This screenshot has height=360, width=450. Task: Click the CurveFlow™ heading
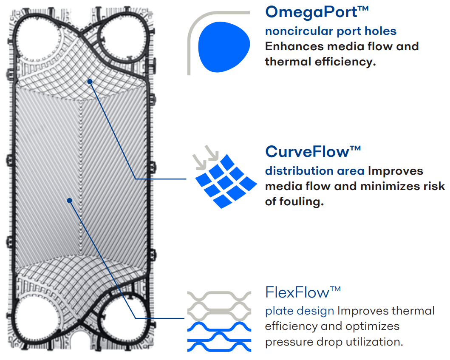(x=313, y=151)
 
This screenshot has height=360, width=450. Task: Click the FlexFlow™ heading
(x=303, y=292)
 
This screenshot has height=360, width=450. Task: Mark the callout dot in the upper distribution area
(x=90, y=80)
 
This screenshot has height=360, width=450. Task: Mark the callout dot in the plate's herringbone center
(x=69, y=200)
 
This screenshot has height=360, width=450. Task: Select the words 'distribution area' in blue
(x=314, y=171)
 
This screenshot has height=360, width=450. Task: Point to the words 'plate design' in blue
(x=299, y=311)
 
